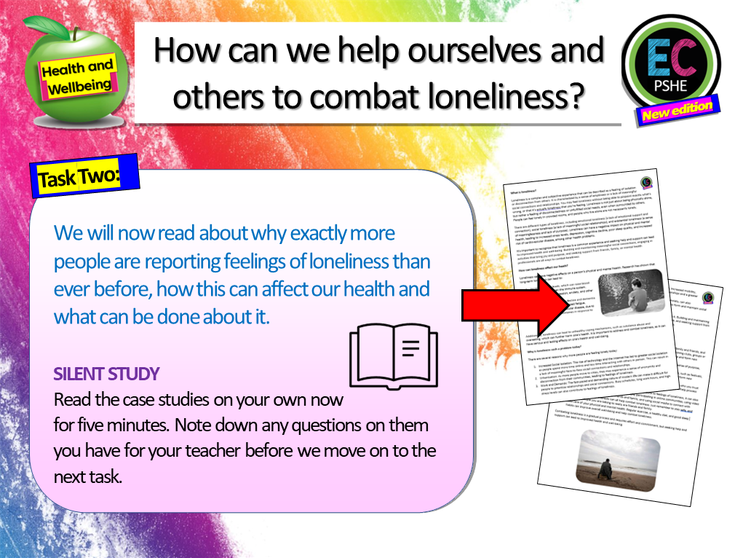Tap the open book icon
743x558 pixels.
393,355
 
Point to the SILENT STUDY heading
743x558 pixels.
106,374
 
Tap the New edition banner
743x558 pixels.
677,110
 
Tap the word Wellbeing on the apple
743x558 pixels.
81,86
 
